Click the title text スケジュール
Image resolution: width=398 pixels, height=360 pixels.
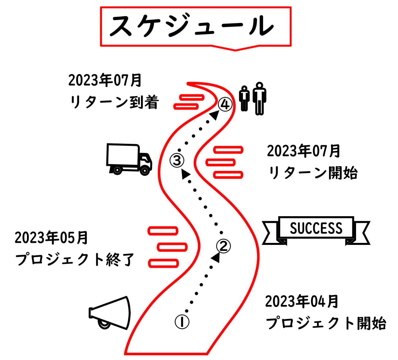coord(192,26)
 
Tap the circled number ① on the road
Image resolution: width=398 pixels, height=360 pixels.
coord(182,322)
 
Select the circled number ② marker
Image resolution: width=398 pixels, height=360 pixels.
coord(223,246)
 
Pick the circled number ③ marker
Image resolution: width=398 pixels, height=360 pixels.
coord(177,160)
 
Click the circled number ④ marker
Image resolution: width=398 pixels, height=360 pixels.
coord(225,104)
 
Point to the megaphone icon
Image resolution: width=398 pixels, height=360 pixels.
coord(110,313)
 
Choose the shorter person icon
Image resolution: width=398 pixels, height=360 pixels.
coord(245,98)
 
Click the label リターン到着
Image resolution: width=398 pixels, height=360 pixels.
coord(114,102)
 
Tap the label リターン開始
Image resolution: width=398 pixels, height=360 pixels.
coord(313,173)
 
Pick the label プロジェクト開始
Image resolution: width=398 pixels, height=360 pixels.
coord(326,323)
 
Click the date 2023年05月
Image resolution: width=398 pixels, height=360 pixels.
coord(51,238)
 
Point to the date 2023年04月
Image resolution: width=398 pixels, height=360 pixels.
coord(302,302)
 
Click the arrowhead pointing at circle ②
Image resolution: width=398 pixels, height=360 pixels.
coord(216,257)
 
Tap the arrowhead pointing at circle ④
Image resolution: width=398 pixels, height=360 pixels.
coord(215,115)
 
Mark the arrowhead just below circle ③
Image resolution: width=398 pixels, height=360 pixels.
coord(185,173)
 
